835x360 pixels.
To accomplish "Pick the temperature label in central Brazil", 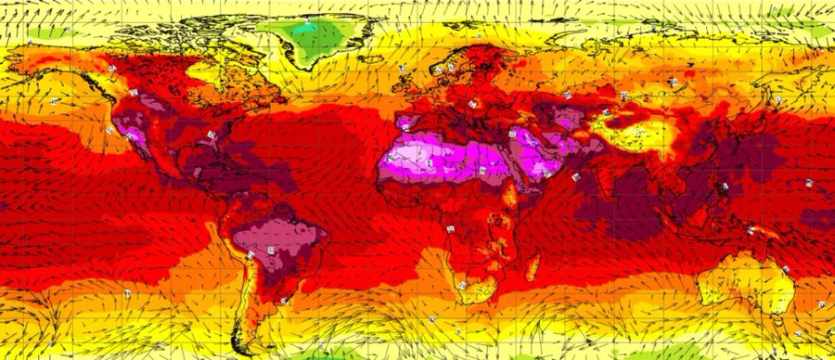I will (x=272, y=251).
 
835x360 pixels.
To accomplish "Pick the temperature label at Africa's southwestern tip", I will (x=461, y=284).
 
